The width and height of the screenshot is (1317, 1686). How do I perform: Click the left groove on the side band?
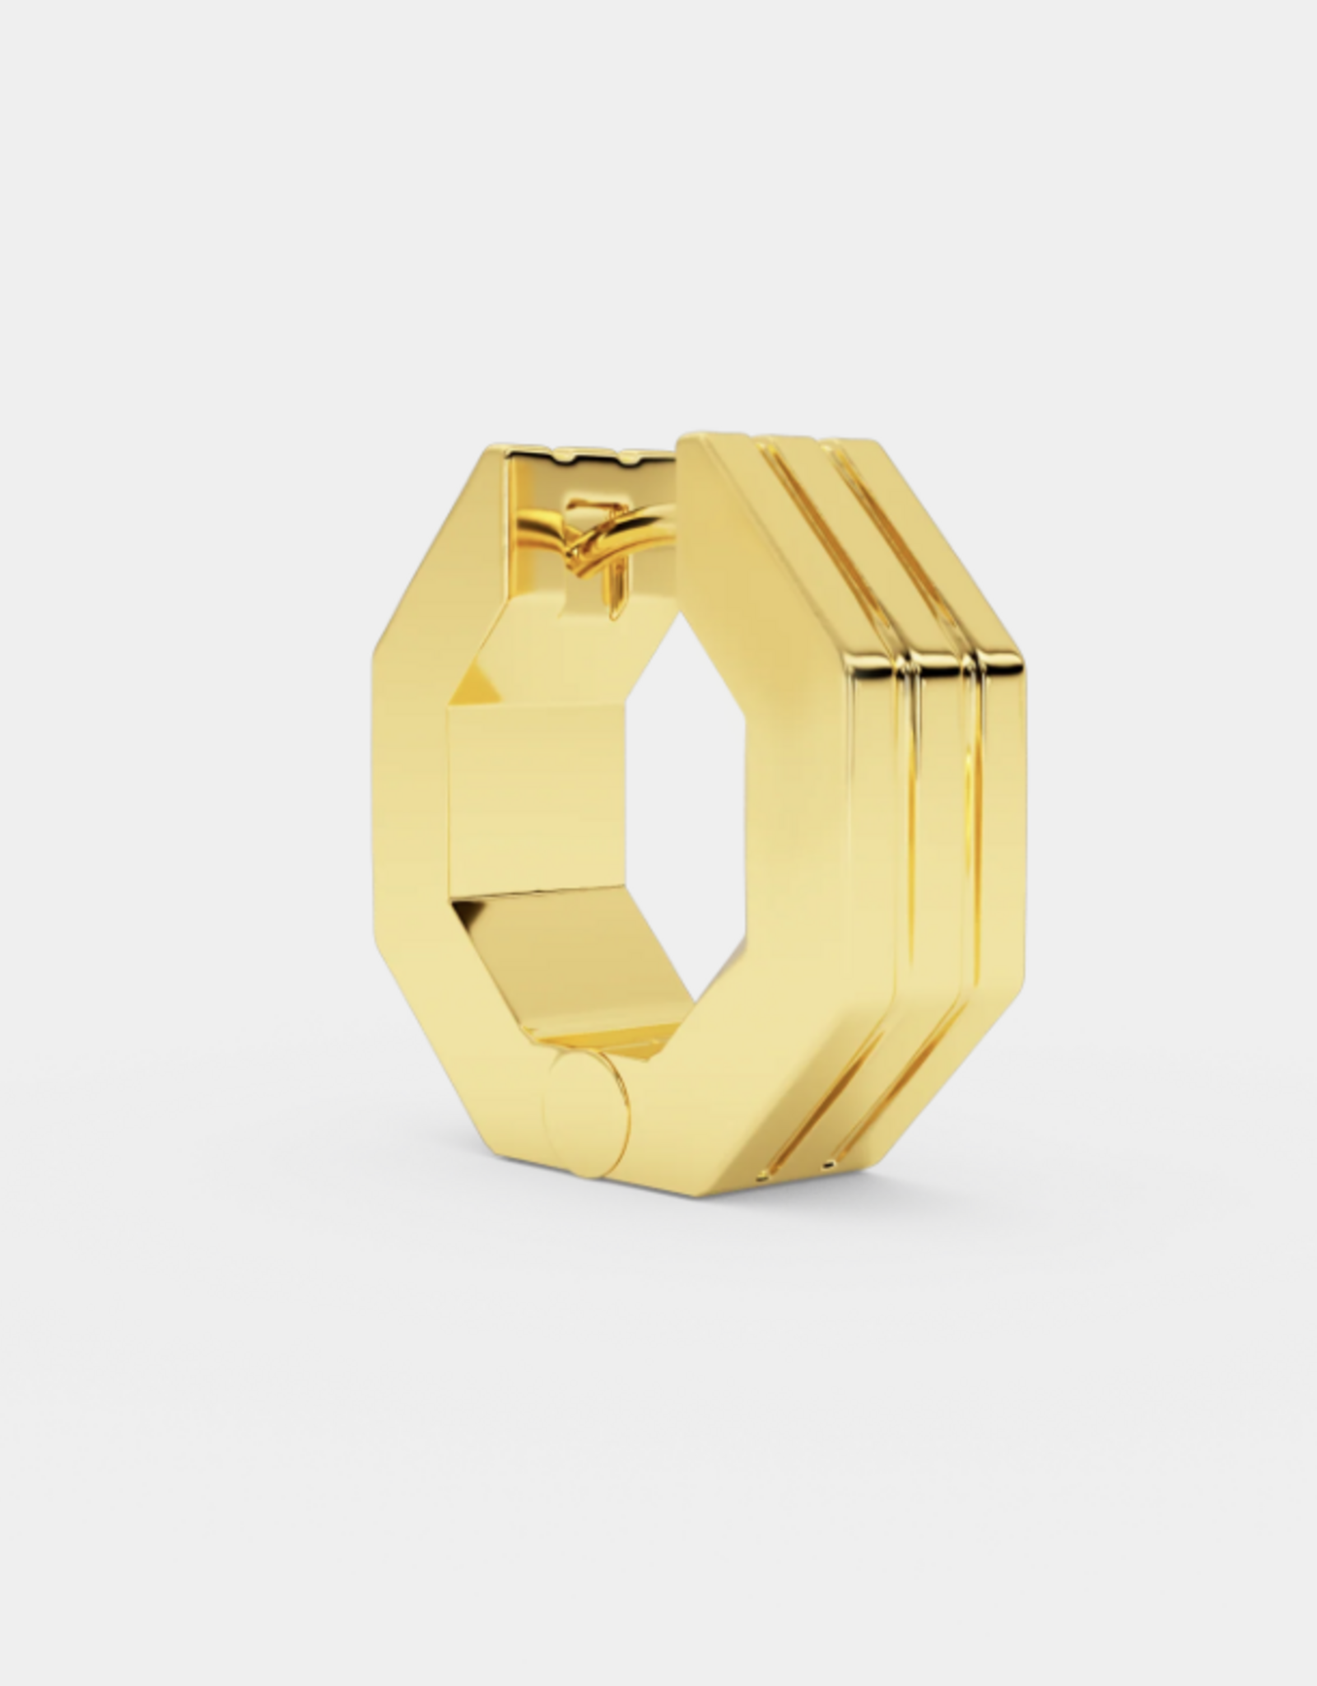coord(905,823)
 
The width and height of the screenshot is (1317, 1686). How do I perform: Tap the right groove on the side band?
coord(975,823)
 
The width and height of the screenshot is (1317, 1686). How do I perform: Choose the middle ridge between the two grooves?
coord(942,823)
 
